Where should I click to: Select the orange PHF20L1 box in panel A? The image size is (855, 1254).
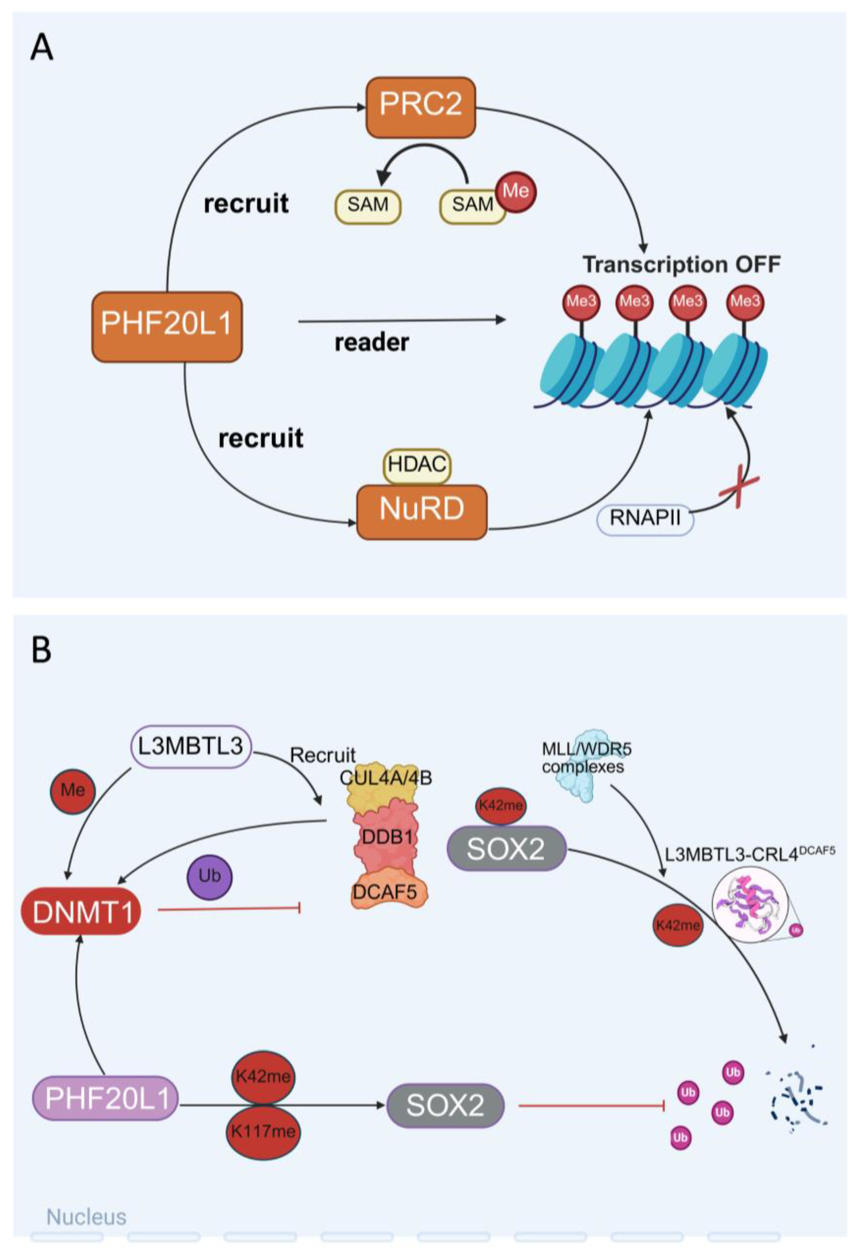167,327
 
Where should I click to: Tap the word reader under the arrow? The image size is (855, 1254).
372,342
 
